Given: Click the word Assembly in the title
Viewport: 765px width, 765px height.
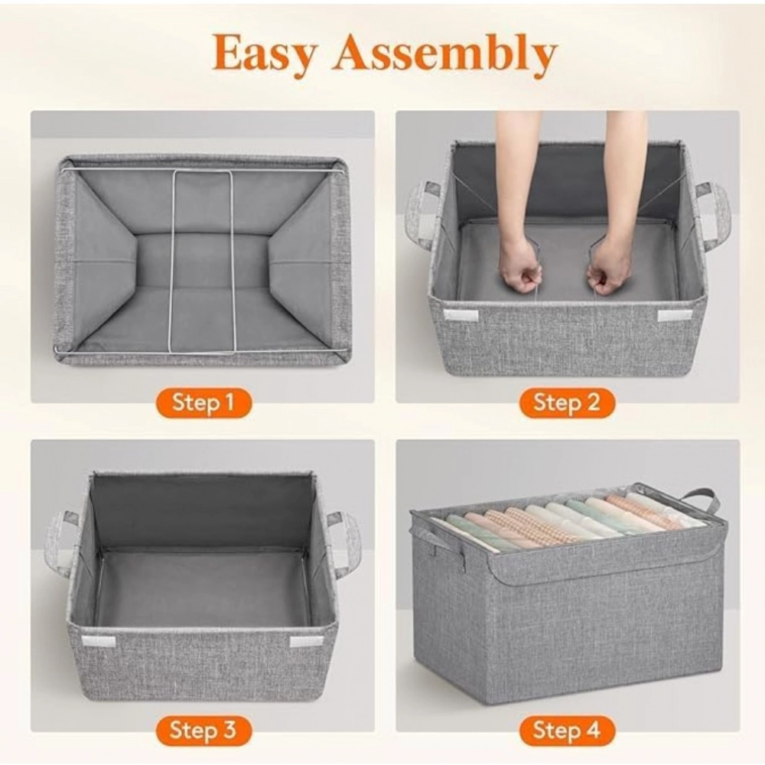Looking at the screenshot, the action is coord(444,53).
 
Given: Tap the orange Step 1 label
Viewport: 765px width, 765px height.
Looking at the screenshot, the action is coord(203,402).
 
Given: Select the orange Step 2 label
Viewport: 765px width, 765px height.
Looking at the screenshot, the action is coord(567,402).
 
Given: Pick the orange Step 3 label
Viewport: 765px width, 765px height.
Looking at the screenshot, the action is coord(203,731).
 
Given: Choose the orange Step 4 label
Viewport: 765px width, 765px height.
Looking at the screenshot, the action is coord(567,731).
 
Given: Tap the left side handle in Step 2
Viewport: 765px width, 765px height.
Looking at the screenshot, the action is coord(422,215).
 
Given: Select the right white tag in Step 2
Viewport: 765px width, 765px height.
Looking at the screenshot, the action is coord(674,315).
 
